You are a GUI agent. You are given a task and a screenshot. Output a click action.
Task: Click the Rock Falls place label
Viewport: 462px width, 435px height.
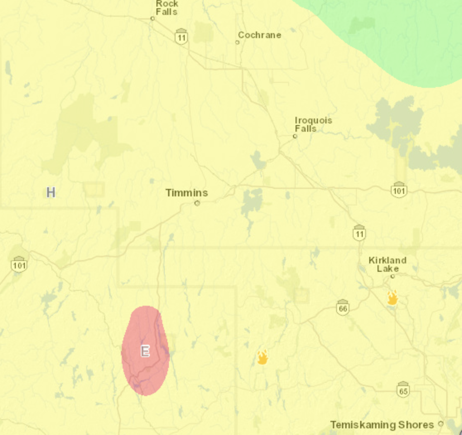coord(166,7)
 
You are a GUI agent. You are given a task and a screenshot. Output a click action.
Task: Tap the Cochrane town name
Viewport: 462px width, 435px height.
coord(260,35)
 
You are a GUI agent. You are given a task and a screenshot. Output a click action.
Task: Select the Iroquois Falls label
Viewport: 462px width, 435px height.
coord(313,124)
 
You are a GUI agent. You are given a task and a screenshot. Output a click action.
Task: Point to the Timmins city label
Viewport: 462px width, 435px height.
coord(187,193)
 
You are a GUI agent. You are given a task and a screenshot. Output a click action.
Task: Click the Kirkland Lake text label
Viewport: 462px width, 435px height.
coord(387,264)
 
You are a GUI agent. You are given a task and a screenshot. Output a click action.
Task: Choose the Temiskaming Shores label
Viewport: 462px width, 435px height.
coord(382,425)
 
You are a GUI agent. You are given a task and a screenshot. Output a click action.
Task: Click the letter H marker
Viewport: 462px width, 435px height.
coord(51,192)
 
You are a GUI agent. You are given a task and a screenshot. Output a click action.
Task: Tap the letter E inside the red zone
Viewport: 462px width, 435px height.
coord(145,351)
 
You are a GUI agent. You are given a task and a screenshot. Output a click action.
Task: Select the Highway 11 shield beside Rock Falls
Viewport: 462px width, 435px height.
coord(181,36)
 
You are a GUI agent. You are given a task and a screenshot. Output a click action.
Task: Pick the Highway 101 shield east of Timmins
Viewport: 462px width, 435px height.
coord(399,190)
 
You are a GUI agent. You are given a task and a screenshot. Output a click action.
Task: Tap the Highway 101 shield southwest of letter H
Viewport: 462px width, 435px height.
coord(19,264)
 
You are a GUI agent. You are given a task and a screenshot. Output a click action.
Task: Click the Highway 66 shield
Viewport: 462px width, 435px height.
coord(342,307)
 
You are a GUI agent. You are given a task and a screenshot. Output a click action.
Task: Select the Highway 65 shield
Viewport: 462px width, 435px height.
coord(403,389)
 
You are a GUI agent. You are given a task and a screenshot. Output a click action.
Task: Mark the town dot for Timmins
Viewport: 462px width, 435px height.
coord(197,203)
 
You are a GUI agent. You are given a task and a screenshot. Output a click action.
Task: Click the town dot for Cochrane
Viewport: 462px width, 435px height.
coord(238,42)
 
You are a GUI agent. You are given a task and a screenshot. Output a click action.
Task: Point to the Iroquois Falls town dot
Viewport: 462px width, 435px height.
coord(295,136)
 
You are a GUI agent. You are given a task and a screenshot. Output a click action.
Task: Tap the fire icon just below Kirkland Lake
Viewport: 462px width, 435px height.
coord(392,297)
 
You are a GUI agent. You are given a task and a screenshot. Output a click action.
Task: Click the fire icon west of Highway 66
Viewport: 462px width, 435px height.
coord(262,357)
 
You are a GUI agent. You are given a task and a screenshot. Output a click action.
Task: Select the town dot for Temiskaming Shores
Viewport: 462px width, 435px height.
coord(441,424)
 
